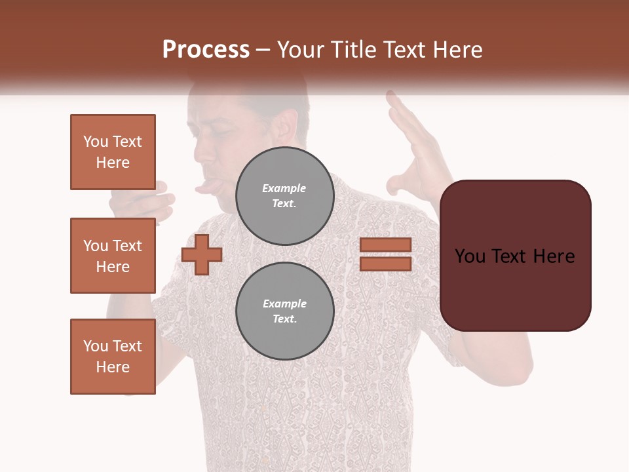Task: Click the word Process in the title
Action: pos(206,50)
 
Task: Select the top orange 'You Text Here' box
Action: pos(113,152)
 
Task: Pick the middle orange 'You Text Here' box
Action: pos(113,256)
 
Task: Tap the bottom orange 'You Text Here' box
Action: pos(113,356)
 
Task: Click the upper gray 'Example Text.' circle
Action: pos(284,196)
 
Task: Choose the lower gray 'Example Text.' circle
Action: pos(284,311)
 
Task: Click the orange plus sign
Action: pos(201,255)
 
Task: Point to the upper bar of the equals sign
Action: pos(385,245)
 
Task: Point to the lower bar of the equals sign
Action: pos(385,264)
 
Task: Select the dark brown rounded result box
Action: pos(515,255)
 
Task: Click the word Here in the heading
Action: pos(457,50)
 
